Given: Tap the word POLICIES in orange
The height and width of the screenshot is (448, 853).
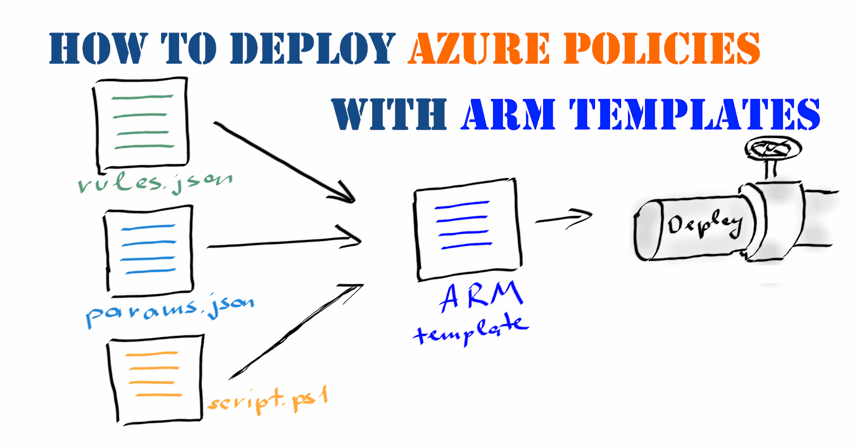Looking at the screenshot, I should (662, 49).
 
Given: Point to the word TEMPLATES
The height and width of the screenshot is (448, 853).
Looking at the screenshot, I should (696, 114).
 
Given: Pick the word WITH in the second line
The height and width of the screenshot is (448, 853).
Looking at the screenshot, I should (389, 114).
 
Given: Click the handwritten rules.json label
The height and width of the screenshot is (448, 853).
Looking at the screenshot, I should (155, 183).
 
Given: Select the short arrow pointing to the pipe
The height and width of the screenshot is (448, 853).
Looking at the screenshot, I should (564, 218).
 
